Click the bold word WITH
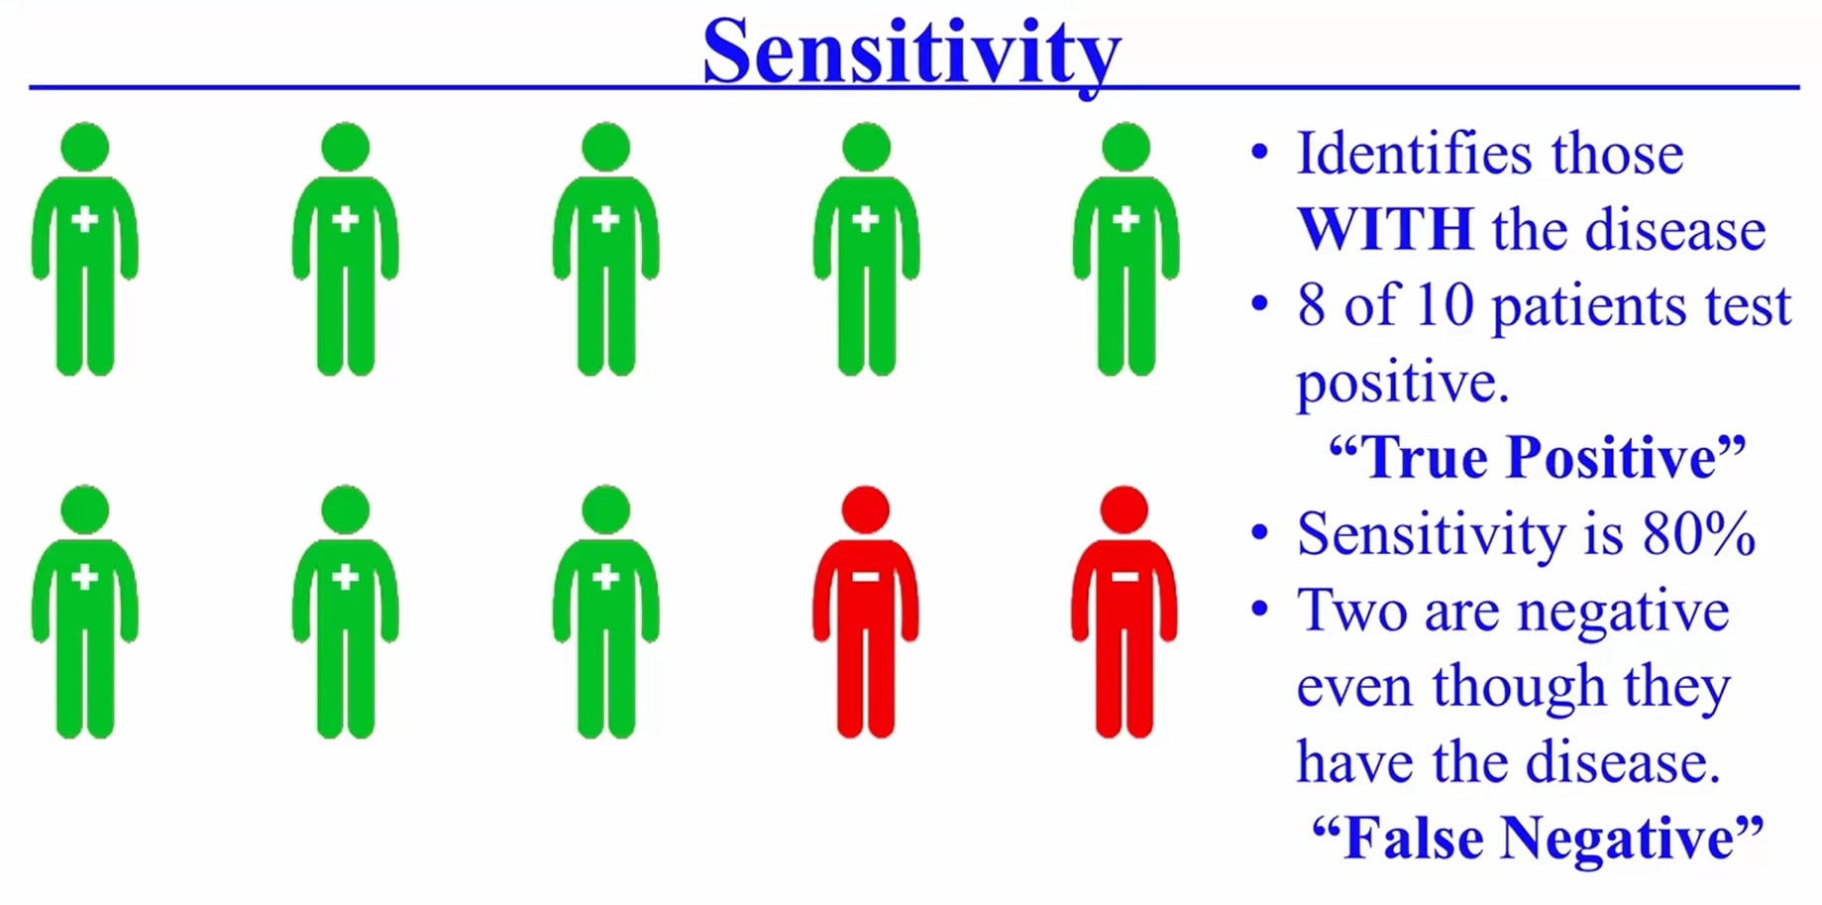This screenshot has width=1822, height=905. pos(1384,229)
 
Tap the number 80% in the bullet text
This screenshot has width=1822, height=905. pos(1697,534)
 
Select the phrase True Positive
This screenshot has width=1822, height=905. pos(1537,457)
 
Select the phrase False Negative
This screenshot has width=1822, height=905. pos(1537,838)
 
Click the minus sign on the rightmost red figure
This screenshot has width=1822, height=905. pos(1125,577)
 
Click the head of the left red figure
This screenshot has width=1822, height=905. pos(865,509)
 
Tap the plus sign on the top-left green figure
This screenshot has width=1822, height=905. pos(85,219)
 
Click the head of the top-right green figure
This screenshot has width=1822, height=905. pos(1125,147)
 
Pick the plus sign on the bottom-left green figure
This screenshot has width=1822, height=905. pos(85,577)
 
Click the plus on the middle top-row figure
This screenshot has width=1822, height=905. pos(605,219)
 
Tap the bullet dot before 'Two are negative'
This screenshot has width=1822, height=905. pos(1259,609)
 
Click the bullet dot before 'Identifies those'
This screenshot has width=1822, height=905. pos(1259,153)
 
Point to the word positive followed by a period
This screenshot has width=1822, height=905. pos(1401,383)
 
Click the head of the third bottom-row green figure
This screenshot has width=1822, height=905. pos(605,509)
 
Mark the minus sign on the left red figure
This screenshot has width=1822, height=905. pos(865,577)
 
